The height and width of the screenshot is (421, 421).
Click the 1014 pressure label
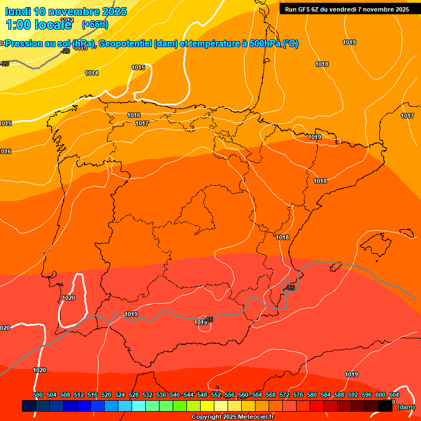92,73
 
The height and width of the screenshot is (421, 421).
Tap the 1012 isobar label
67,20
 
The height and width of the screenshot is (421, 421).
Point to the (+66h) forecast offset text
95,24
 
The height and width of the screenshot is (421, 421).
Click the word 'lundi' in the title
18,12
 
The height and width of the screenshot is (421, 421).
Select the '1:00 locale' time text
39,25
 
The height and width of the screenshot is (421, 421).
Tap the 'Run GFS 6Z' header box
347,9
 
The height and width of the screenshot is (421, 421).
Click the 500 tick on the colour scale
38,395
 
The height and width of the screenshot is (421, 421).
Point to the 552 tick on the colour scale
216,395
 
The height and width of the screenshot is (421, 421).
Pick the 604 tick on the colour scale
394,395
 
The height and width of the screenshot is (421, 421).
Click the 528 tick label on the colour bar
134,395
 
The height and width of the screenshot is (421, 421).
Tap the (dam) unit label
406,407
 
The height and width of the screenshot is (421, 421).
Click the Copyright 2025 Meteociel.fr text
232,417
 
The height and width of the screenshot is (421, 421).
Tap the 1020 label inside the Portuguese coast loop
69,298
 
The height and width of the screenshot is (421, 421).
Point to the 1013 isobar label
81,48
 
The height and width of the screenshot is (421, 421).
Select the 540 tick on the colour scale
175,395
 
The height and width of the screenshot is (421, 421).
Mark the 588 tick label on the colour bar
339,395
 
